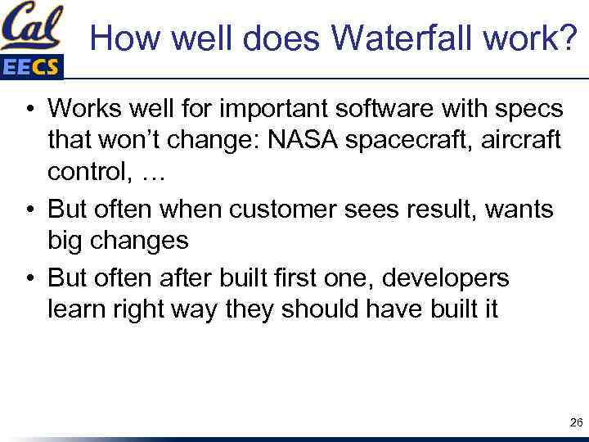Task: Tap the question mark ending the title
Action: click(x=566, y=37)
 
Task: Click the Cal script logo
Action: click(x=33, y=28)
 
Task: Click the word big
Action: click(x=65, y=242)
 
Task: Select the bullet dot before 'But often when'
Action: click(x=29, y=210)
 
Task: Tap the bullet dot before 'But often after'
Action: click(x=29, y=278)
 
